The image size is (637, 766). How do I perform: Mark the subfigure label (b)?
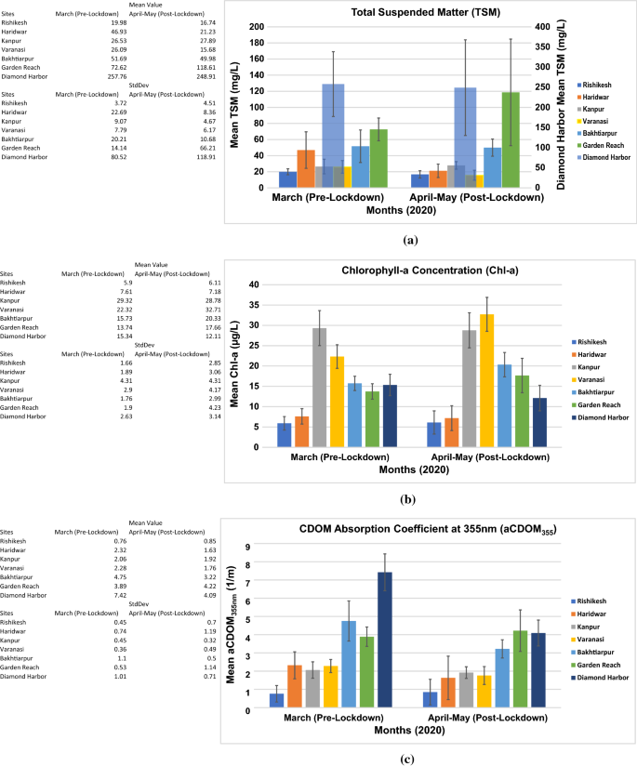(406, 499)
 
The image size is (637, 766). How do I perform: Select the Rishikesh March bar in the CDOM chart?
(276, 700)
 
